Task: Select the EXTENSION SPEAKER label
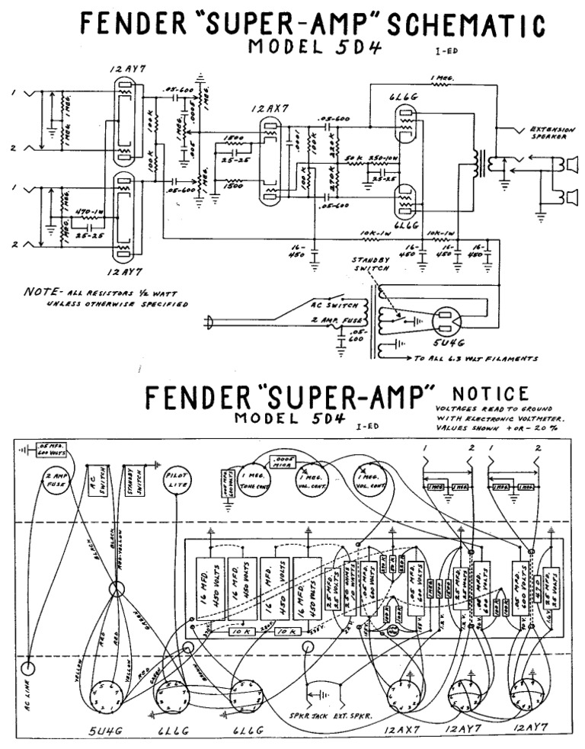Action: point(551,134)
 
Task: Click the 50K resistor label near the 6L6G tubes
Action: point(352,158)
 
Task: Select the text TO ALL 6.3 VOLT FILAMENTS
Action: point(475,357)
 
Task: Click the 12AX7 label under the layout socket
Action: point(401,732)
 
